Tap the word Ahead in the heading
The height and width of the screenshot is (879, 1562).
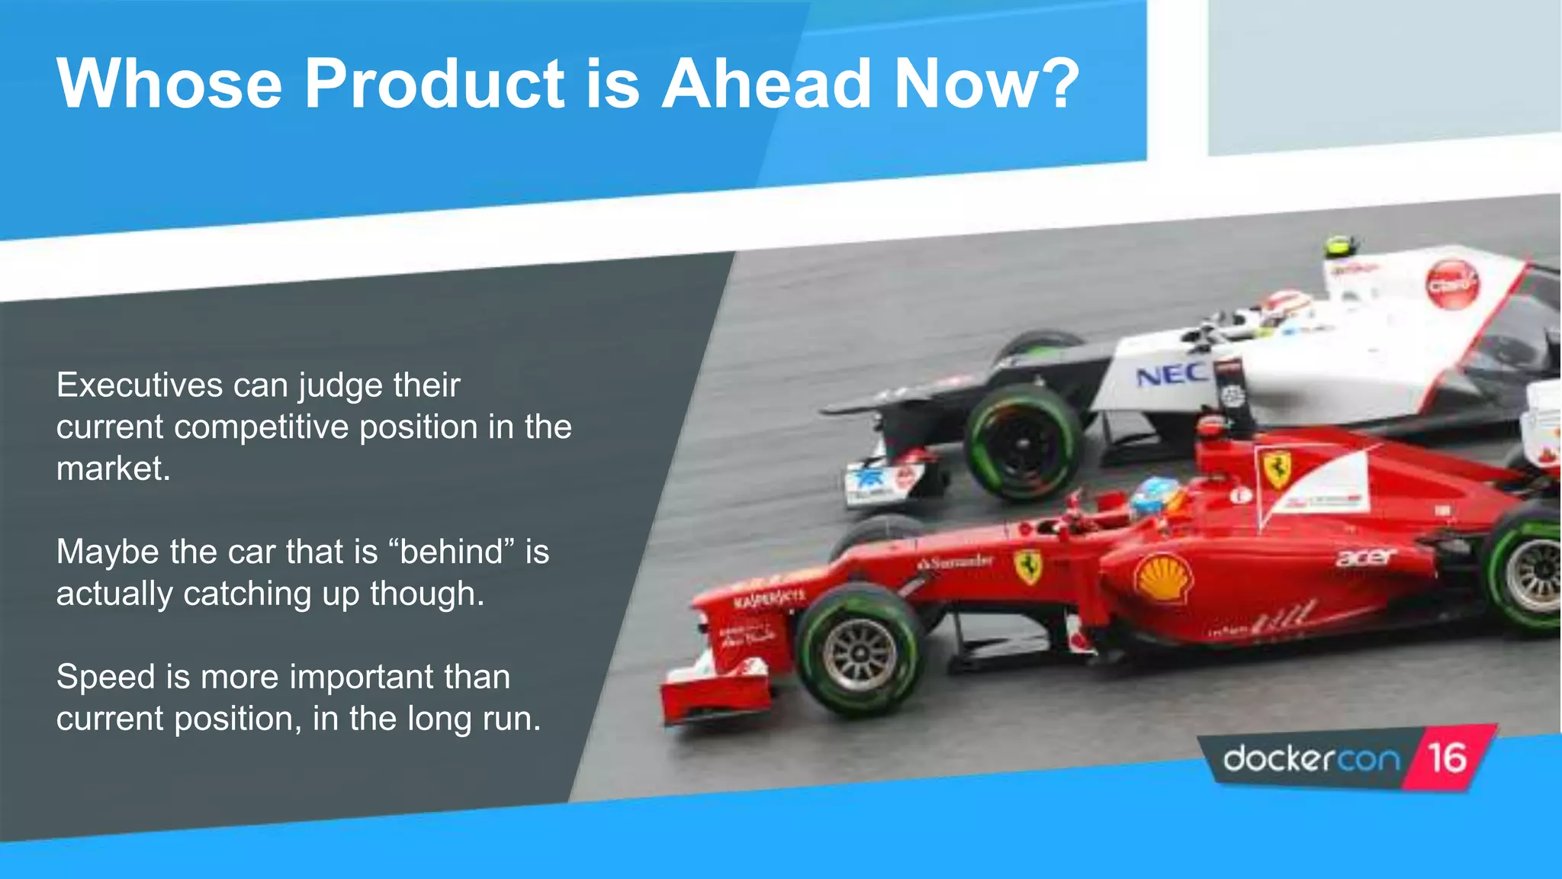pos(766,84)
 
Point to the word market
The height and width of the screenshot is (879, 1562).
pos(113,468)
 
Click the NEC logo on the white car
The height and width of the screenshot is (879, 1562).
pos(1171,375)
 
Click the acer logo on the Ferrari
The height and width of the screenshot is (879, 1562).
pos(1365,557)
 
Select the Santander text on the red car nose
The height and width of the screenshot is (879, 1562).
pos(956,562)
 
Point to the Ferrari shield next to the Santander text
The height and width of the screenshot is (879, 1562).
pos(1027,566)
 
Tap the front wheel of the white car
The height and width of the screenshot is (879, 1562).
pos(1023,443)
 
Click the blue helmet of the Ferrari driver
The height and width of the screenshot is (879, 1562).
pos(1155,496)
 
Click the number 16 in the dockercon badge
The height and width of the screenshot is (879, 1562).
pos(1447,758)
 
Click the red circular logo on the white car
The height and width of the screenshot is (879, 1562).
pos(1451,284)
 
